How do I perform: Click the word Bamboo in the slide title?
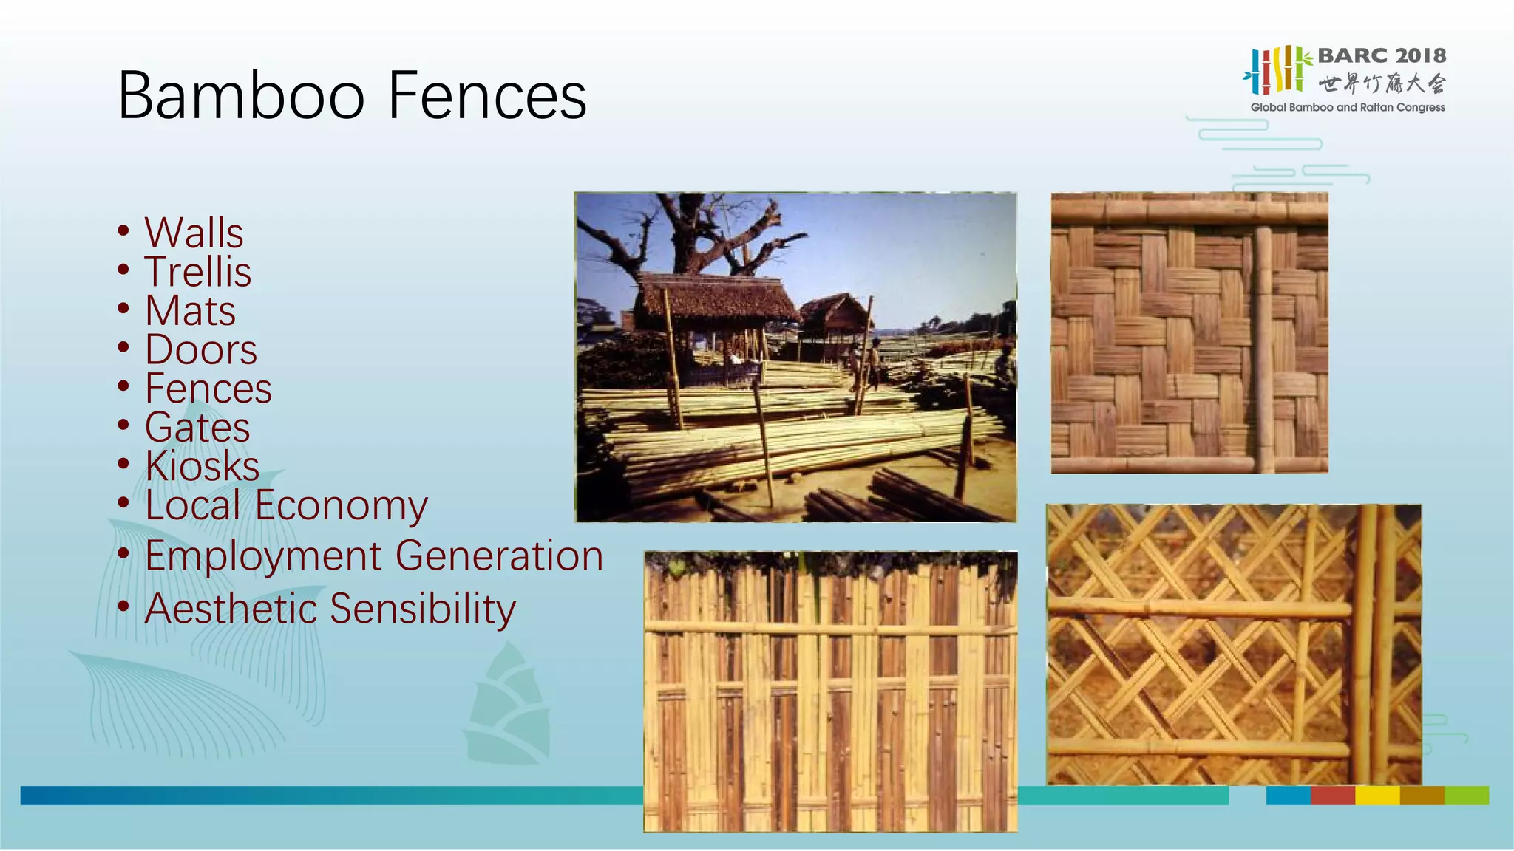pos(241,96)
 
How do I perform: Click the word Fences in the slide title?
pos(487,96)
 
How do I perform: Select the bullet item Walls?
pos(194,233)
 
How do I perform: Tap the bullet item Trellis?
pos(198,272)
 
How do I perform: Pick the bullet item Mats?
pos(191,311)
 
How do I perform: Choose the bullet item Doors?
pos(201,349)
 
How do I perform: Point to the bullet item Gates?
pos(197,428)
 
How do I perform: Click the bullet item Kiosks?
pos(202,466)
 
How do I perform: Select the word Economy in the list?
pos(342,506)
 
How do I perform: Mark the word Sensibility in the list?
pos(423,609)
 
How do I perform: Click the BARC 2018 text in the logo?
pos(1381,55)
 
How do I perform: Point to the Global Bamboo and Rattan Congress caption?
pos(1347,107)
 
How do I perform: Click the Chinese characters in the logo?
pos(1381,83)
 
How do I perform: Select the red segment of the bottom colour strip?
pos(1332,796)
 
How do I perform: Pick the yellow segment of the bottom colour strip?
pos(1376,796)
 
